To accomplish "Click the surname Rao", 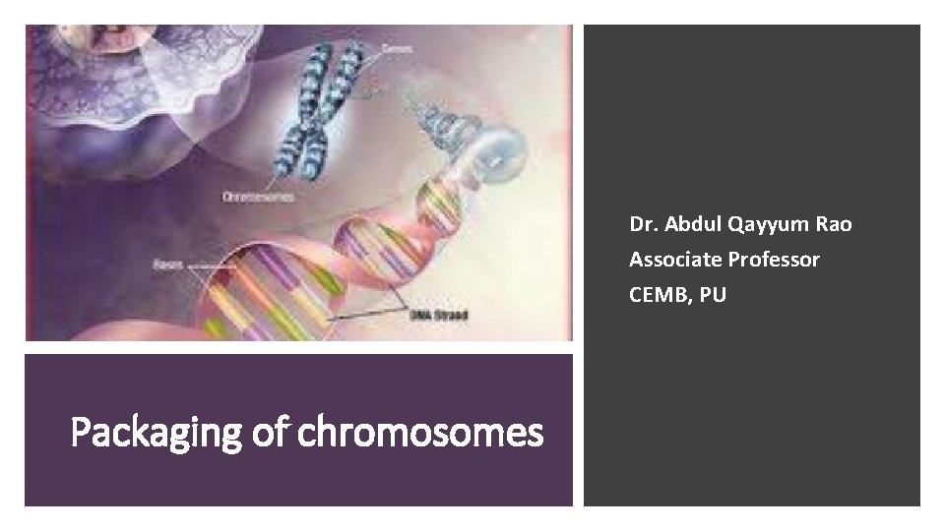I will (833, 224).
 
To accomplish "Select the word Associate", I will (670, 260).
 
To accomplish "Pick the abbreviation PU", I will (714, 295).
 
